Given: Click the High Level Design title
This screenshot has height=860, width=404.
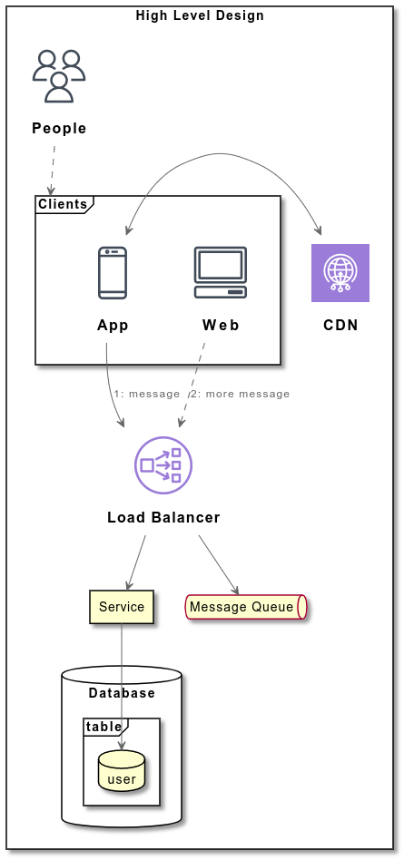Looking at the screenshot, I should [200, 15].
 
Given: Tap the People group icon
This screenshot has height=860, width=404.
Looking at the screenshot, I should [59, 76].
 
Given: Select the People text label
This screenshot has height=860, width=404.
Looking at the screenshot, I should [59, 128].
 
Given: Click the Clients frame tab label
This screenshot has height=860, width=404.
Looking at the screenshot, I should [63, 204].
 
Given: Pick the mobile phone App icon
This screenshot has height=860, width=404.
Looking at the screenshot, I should [113, 272].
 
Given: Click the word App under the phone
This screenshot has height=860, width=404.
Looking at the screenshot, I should [113, 326].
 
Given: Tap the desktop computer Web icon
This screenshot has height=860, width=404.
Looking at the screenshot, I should [221, 272].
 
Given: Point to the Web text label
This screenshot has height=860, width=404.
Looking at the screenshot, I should [221, 326].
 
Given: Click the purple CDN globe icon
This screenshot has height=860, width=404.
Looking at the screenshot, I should [340, 272].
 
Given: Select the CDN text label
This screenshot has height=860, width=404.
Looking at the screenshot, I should [340, 326].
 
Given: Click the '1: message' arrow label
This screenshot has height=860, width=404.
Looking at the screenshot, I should [147, 394].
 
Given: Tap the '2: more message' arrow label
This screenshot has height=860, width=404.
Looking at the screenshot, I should [241, 394].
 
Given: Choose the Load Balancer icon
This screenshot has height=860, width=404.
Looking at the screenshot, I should [163, 465].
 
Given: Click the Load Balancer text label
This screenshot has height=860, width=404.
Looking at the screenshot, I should [163, 518].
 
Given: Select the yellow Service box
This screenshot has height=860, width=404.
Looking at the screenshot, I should [122, 607].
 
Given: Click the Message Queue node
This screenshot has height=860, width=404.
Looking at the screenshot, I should [245, 607].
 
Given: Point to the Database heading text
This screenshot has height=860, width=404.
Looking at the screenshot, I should [122, 693].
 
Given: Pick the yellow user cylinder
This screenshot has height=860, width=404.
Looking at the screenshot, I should [122, 771].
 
